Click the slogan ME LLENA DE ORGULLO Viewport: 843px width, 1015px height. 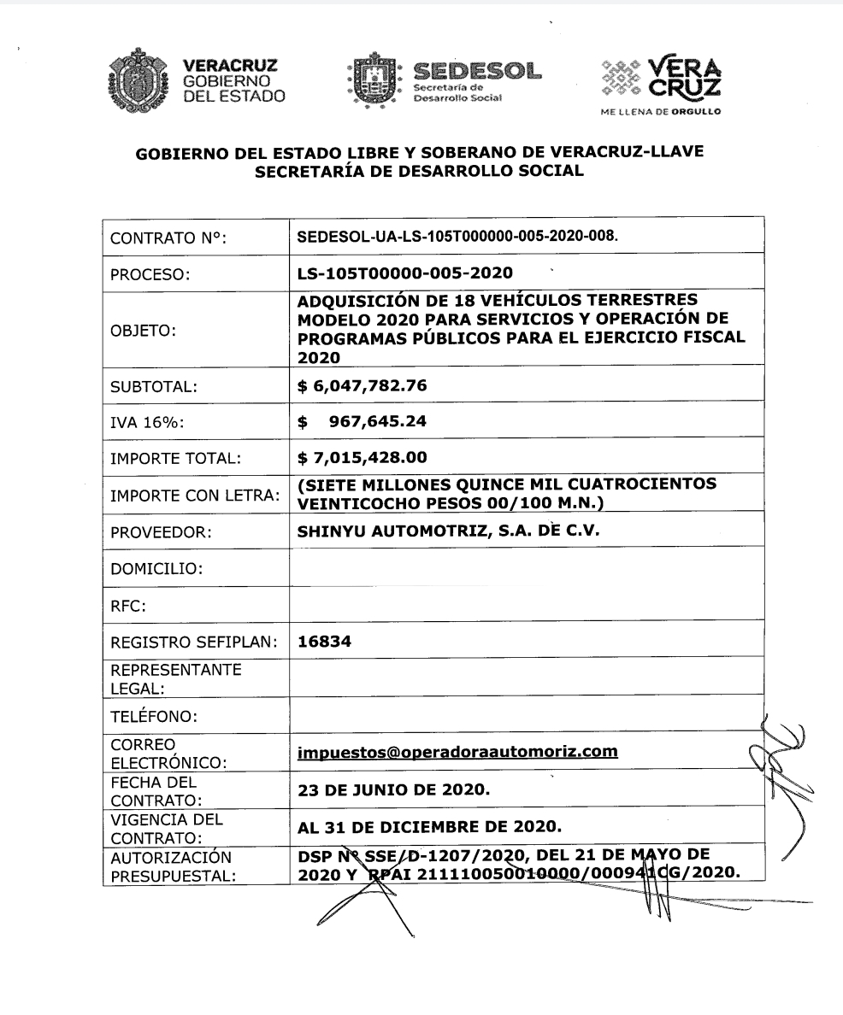pos(663,111)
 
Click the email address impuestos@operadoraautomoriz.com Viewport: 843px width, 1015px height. pos(457,752)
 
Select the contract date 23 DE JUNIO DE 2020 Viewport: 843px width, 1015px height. pos(393,790)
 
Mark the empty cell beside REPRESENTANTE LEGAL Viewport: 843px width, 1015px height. pos(526,677)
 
